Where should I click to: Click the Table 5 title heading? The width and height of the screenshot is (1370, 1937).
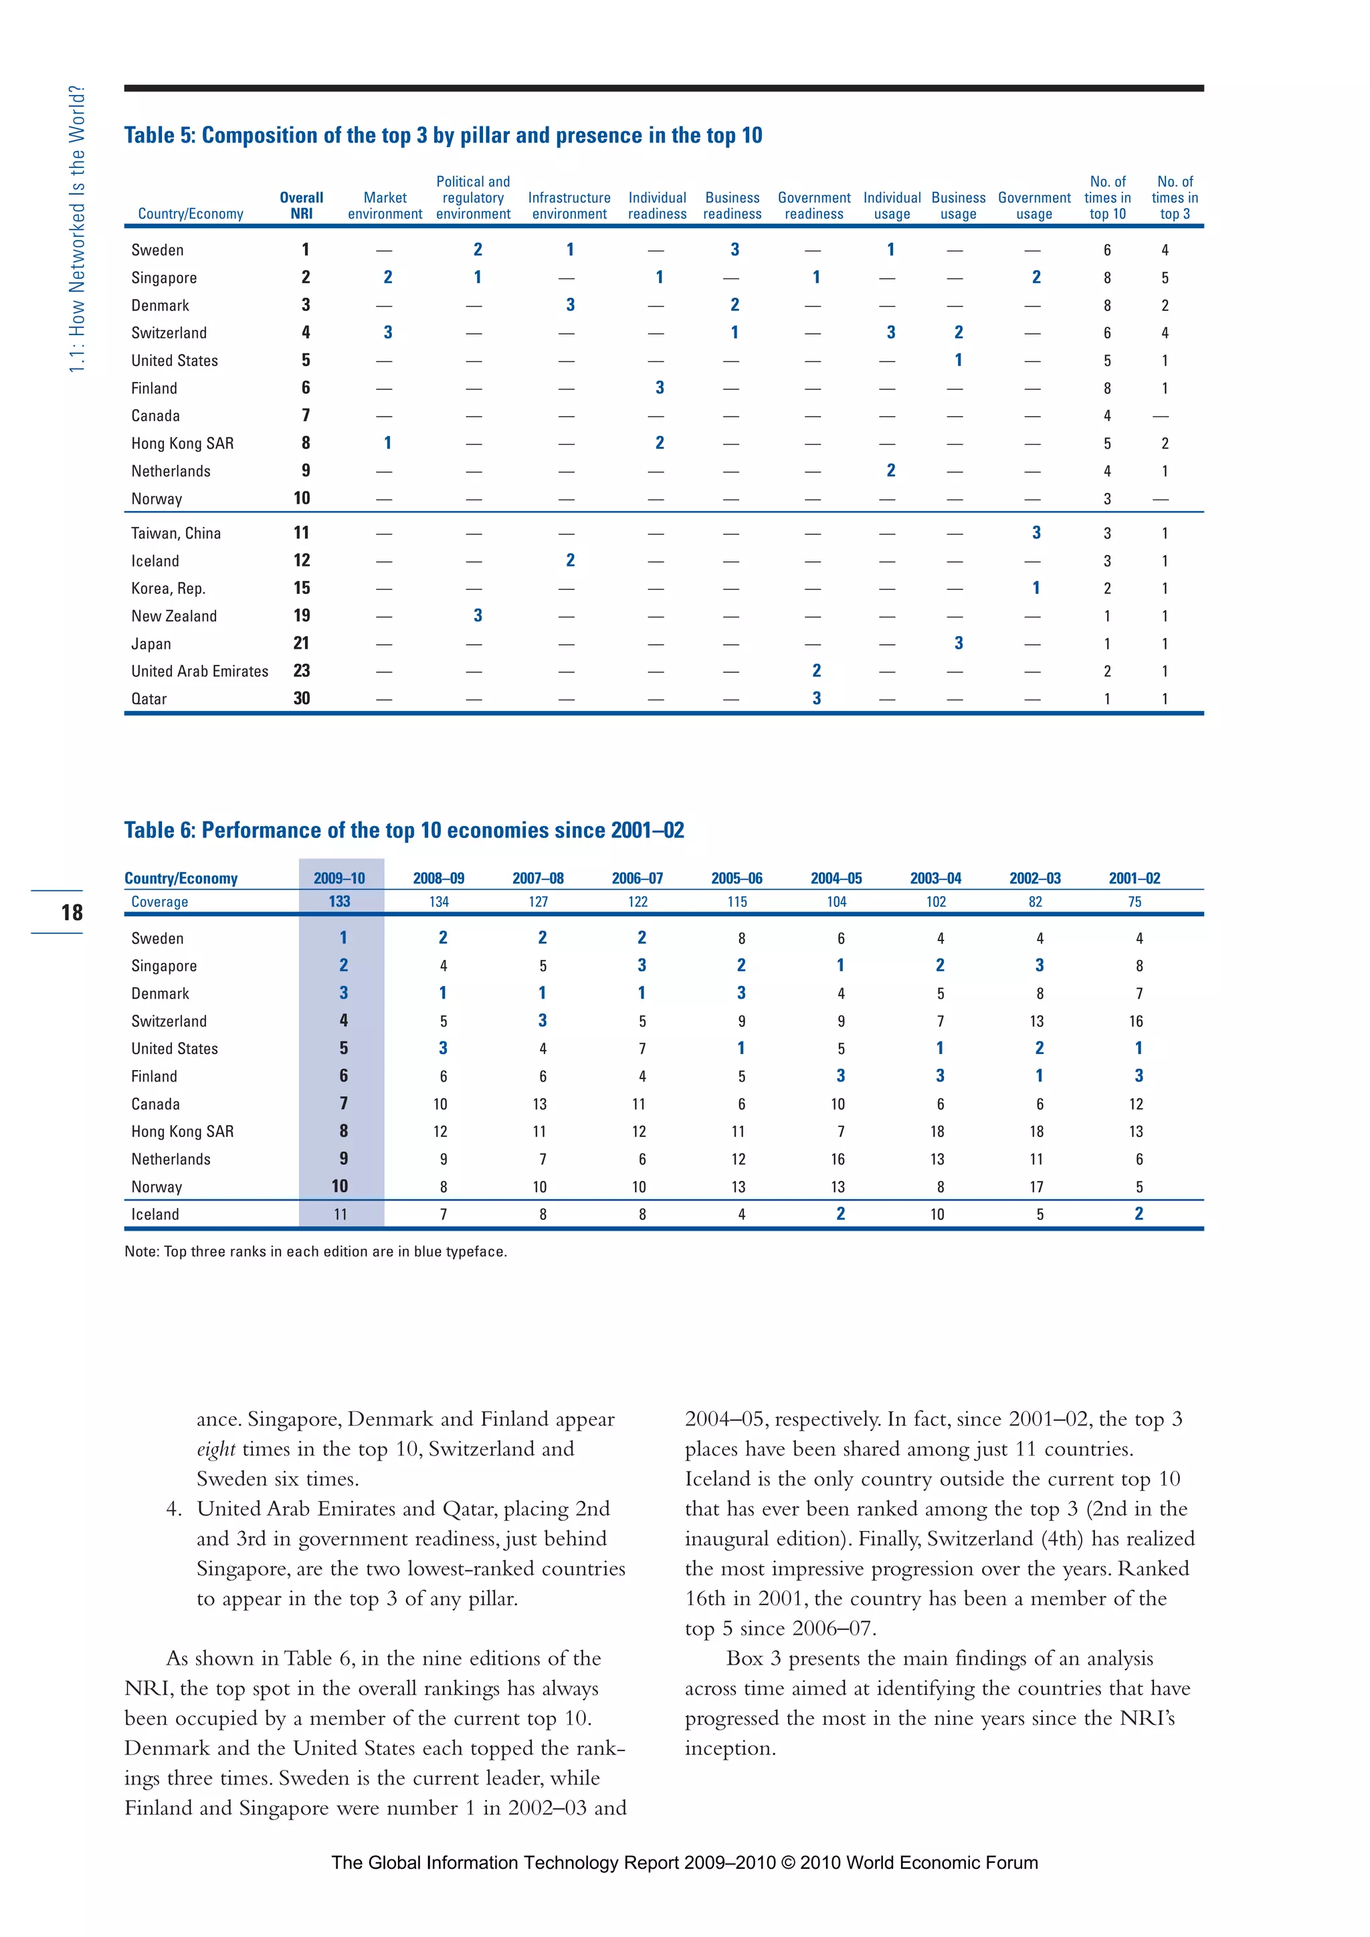[443, 136]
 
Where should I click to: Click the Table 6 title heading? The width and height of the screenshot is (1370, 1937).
[404, 830]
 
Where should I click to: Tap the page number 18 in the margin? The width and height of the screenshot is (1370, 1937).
[72, 912]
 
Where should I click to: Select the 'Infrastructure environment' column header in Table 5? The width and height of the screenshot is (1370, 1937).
[569, 206]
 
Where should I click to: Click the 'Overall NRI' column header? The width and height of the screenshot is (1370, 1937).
[301, 206]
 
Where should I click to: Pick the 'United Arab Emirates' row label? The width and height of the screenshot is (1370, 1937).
[200, 672]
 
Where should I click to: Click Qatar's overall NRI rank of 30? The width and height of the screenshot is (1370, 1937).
[301, 698]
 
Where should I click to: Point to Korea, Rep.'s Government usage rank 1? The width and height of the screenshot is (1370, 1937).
[1036, 588]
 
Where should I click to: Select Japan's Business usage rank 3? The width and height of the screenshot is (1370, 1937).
[959, 643]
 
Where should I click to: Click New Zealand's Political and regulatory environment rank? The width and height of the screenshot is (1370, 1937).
[478, 616]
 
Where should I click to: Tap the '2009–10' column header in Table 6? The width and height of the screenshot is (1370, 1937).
[339, 878]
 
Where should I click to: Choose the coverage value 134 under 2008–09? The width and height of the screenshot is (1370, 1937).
[439, 902]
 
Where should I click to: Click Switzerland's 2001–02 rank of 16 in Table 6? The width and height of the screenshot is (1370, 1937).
[1137, 1021]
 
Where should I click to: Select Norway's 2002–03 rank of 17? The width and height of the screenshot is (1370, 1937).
[1037, 1187]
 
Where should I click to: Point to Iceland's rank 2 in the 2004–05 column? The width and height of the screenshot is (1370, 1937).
[840, 1214]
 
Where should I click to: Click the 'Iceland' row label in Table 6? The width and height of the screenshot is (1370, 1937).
[155, 1215]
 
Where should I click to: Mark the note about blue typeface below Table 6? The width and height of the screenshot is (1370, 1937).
[316, 1252]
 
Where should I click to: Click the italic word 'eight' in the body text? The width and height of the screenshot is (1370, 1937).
[216, 1449]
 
